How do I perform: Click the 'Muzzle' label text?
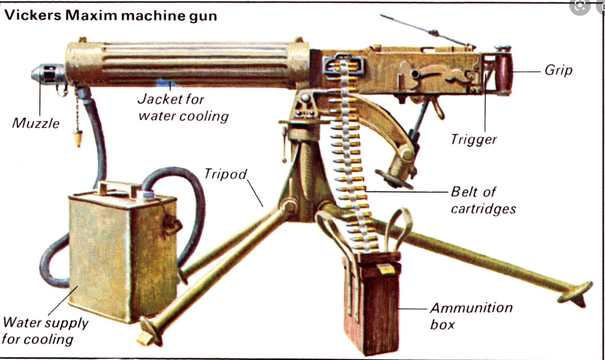point(36,123)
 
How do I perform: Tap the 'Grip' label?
point(558,70)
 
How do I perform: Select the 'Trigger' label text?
point(473,139)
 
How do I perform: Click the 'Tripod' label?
point(225,174)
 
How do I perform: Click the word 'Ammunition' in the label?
point(471,308)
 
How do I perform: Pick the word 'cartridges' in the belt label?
point(483,209)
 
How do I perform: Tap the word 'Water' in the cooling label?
point(22,322)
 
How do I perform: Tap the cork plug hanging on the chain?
point(77,138)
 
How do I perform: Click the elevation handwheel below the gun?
point(393,179)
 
